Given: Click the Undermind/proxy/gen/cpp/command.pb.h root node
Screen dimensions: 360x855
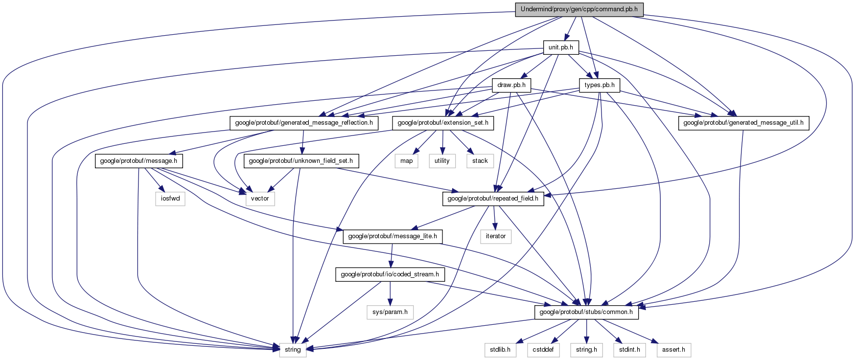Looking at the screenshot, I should click(579, 10).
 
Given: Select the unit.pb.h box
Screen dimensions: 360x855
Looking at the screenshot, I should click(561, 47).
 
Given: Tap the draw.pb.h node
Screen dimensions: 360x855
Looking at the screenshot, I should click(511, 85).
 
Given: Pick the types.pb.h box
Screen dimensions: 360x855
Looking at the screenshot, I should click(600, 85).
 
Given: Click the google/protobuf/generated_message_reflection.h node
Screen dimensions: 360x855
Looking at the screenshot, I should click(304, 123).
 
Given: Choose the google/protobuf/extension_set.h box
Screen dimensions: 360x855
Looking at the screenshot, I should click(443, 123).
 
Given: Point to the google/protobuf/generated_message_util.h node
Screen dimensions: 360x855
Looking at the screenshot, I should click(743, 123).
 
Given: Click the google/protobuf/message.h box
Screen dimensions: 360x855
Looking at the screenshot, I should click(139, 160).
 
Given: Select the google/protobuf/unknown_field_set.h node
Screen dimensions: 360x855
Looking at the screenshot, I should click(301, 160).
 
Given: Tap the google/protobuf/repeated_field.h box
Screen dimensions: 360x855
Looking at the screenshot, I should click(493, 199).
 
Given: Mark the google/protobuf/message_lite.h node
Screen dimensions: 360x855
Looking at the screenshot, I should click(393, 236).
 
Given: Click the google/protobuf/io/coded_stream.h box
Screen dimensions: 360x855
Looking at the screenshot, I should click(390, 274).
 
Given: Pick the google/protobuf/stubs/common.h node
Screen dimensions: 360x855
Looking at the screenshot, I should click(586, 312).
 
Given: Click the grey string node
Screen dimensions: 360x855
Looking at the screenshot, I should click(293, 350).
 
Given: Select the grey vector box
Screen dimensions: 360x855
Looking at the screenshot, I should click(260, 199).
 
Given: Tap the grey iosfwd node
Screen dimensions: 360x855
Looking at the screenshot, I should click(170, 199).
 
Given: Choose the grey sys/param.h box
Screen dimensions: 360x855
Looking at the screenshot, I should click(390, 312).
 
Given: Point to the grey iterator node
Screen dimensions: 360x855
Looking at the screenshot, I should click(495, 236).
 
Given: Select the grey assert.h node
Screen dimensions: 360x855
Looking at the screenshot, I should click(673, 350).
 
